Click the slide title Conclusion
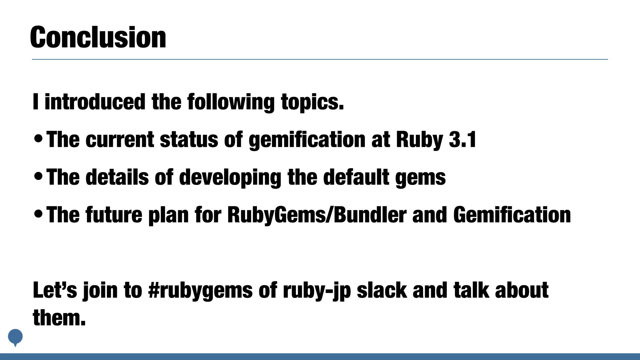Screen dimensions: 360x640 pos(98,37)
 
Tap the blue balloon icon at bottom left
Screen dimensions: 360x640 pos(15,337)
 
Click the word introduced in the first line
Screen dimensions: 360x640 pos(95,102)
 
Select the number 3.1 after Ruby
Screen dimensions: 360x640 pos(462,139)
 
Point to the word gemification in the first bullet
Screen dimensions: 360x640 pos(307,140)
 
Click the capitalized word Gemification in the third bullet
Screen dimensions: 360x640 pos(512,215)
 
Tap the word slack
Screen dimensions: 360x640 pos(382,290)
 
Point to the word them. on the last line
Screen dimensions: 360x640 pos(59,317)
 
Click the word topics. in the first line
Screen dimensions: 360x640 pos(312,102)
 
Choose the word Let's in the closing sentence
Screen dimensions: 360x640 pos(55,290)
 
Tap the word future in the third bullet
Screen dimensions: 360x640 pos(114,215)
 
